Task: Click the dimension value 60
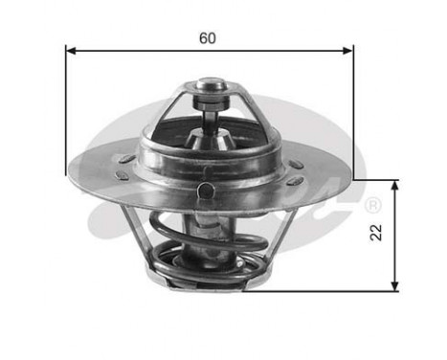pyautogui.click(x=208, y=38)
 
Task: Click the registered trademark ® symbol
pyautogui.click(x=373, y=204)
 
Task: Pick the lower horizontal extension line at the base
pyautogui.click(x=325, y=291)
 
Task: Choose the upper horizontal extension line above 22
pyautogui.click(x=378, y=179)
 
